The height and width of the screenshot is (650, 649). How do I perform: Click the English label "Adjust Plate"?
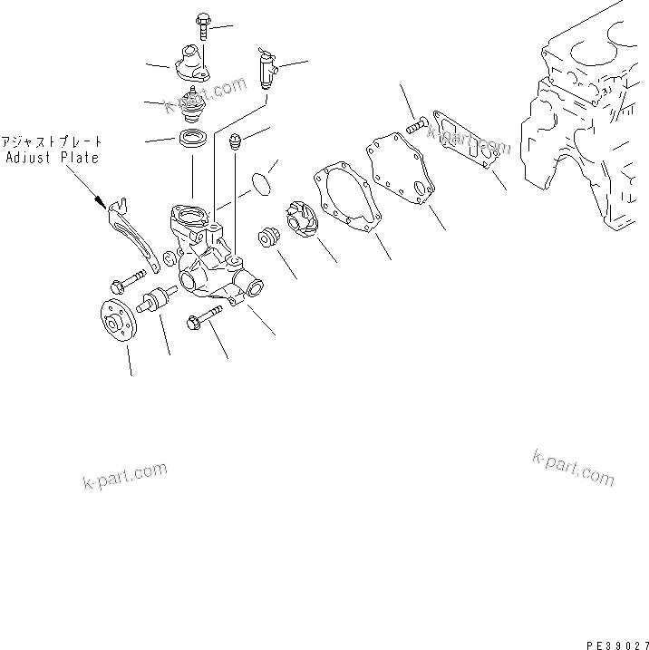[53, 157]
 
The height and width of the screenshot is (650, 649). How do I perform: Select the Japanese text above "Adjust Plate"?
[53, 142]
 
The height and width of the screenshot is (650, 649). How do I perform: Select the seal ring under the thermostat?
[193, 140]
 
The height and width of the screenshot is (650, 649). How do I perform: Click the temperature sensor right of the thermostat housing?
[266, 70]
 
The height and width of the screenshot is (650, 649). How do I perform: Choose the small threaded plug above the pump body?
[237, 142]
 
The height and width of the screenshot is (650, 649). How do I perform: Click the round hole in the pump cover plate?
[419, 188]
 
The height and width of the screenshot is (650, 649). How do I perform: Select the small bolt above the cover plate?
[417, 126]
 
